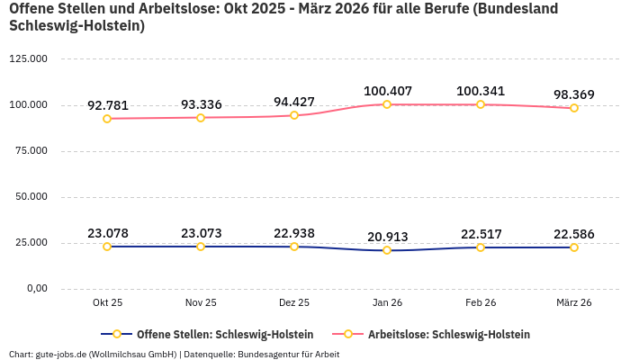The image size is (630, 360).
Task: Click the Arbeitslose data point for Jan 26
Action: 387,104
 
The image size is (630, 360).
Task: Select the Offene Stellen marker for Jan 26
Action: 387,250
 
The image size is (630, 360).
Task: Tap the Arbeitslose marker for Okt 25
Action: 107,119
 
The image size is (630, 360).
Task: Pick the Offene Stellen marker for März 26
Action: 574,247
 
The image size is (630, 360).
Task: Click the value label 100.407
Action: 387,91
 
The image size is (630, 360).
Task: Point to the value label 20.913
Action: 387,237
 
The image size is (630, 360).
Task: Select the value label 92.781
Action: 107,105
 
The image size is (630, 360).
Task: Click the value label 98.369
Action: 574,94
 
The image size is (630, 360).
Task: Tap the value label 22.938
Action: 294,233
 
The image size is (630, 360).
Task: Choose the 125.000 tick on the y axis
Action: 28,59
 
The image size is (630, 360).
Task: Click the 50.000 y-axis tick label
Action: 31,197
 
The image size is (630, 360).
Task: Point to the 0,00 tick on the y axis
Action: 36,289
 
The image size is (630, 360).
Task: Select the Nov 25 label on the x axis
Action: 201,303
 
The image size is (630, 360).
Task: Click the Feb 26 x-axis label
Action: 481,303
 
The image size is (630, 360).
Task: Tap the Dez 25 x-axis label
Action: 294,303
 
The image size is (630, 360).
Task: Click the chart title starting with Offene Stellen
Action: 283,17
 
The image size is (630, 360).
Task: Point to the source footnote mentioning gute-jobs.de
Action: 174,354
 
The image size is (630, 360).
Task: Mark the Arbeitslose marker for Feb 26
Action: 481,104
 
